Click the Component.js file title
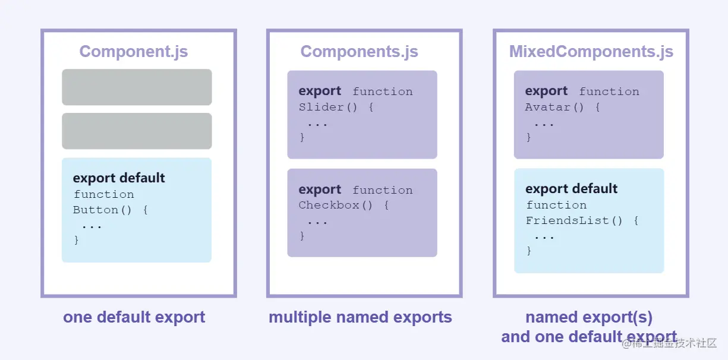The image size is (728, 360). tap(134, 52)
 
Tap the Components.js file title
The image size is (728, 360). tap(359, 52)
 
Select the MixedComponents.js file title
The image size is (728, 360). tap(591, 52)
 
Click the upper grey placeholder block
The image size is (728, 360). tap(137, 87)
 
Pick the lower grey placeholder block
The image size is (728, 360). tap(137, 131)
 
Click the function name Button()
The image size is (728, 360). tap(102, 210)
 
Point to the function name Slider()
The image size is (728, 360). tap(328, 107)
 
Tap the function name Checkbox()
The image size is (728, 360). tap(335, 206)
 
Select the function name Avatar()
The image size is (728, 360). tap(554, 107)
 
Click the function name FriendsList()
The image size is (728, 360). tap(574, 221)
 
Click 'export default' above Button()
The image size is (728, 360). tap(119, 178)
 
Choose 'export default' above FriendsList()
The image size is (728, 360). tap(571, 189)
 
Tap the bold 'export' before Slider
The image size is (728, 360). tap(320, 91)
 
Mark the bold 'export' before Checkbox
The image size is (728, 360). tap(320, 190)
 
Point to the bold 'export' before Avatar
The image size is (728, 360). tap(546, 91)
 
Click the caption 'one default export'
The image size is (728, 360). tap(134, 317)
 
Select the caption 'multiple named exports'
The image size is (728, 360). tap(360, 317)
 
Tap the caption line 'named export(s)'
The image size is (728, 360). tap(589, 317)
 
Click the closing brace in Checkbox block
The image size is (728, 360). tap(302, 236)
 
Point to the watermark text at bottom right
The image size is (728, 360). tap(669, 343)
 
